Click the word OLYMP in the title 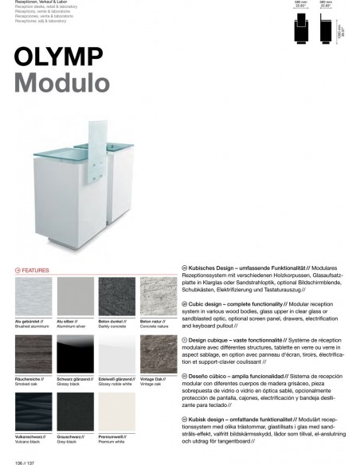click(x=59, y=57)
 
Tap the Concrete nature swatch click(x=158, y=296)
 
